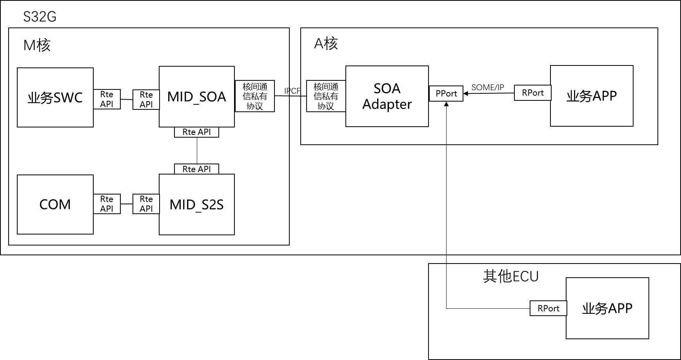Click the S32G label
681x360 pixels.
pos(40,17)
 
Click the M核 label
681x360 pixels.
pos(37,45)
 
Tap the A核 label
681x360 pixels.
pos(326,44)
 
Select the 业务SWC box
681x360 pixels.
pos(55,97)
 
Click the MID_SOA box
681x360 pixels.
pos(196,96)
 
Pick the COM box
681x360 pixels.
pos(55,204)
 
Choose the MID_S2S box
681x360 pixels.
pos(196,204)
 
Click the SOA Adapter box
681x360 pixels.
pos(387,96)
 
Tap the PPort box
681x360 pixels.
pos(446,94)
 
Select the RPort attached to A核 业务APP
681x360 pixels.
pos(532,93)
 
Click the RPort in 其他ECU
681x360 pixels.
pos(548,308)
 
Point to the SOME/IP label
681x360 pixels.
pos(488,87)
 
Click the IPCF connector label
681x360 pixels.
pos(292,91)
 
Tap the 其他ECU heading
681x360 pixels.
pos(510,276)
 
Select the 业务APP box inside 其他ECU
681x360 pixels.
pos(607,308)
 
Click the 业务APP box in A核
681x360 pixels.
pos(592,96)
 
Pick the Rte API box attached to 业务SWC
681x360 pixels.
pos(107,99)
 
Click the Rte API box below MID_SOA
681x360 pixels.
pos(196,132)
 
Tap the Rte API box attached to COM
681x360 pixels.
pos(107,204)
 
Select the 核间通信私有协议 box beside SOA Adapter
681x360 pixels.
pos(326,96)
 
